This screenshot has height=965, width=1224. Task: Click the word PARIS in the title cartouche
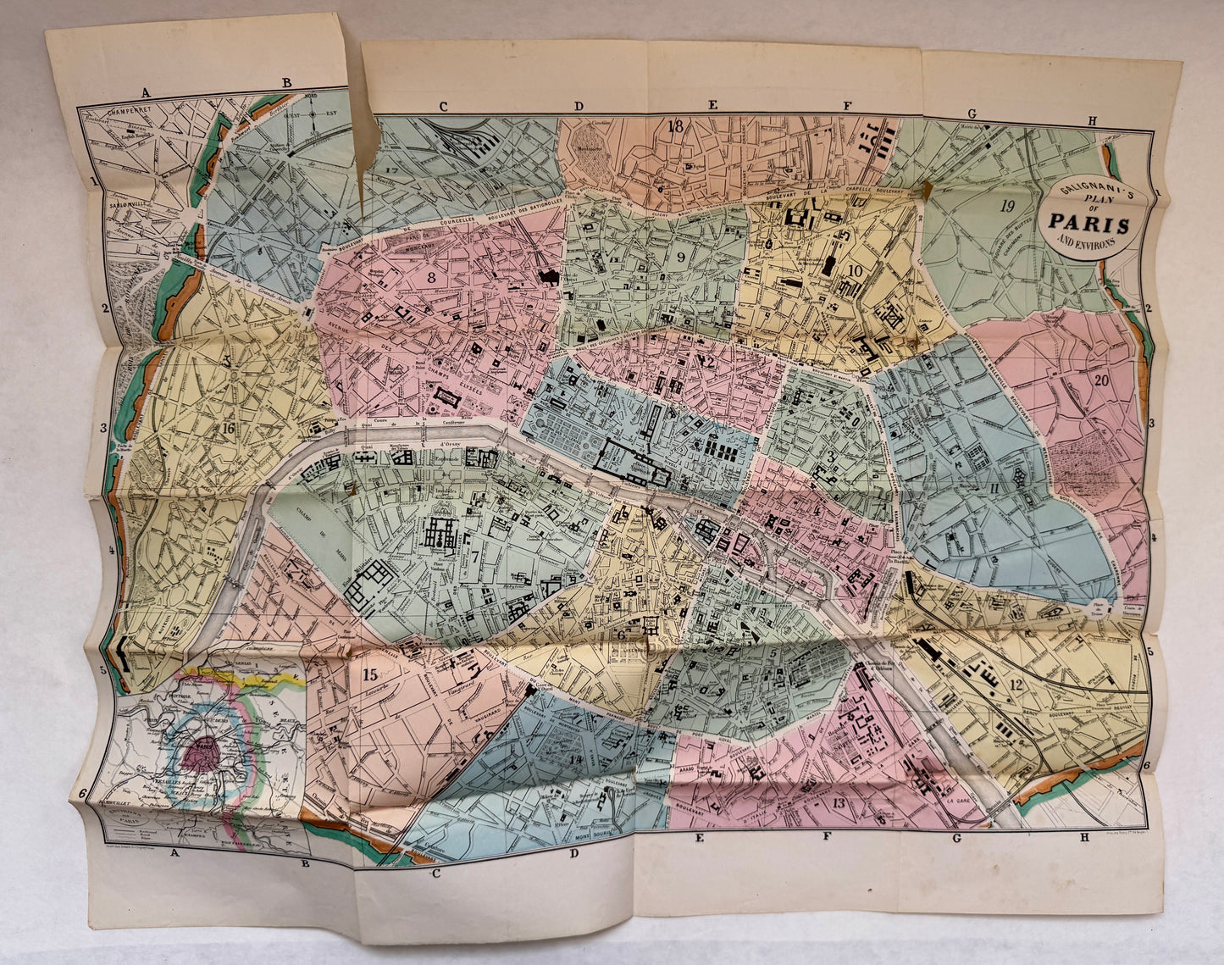pyautogui.click(x=1088, y=225)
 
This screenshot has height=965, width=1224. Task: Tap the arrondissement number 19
pyautogui.click(x=1007, y=205)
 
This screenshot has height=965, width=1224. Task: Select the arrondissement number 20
pyautogui.click(x=1100, y=380)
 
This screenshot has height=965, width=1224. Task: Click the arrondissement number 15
pyautogui.click(x=368, y=675)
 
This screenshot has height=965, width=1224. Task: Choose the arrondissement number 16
pyautogui.click(x=227, y=428)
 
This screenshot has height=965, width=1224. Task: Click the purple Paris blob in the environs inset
pyautogui.click(x=203, y=749)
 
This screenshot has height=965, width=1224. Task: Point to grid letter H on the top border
pyautogui.click(x=1092, y=121)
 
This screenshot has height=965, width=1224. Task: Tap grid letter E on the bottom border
pyautogui.click(x=700, y=838)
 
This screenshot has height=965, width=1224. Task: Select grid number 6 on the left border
pyautogui.click(x=83, y=793)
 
